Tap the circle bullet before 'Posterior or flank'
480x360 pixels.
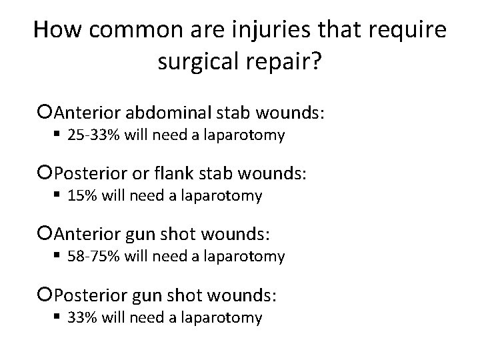click(46, 174)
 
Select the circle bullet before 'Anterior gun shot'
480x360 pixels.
click(46, 234)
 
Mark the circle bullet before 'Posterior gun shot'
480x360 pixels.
click(46, 295)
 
